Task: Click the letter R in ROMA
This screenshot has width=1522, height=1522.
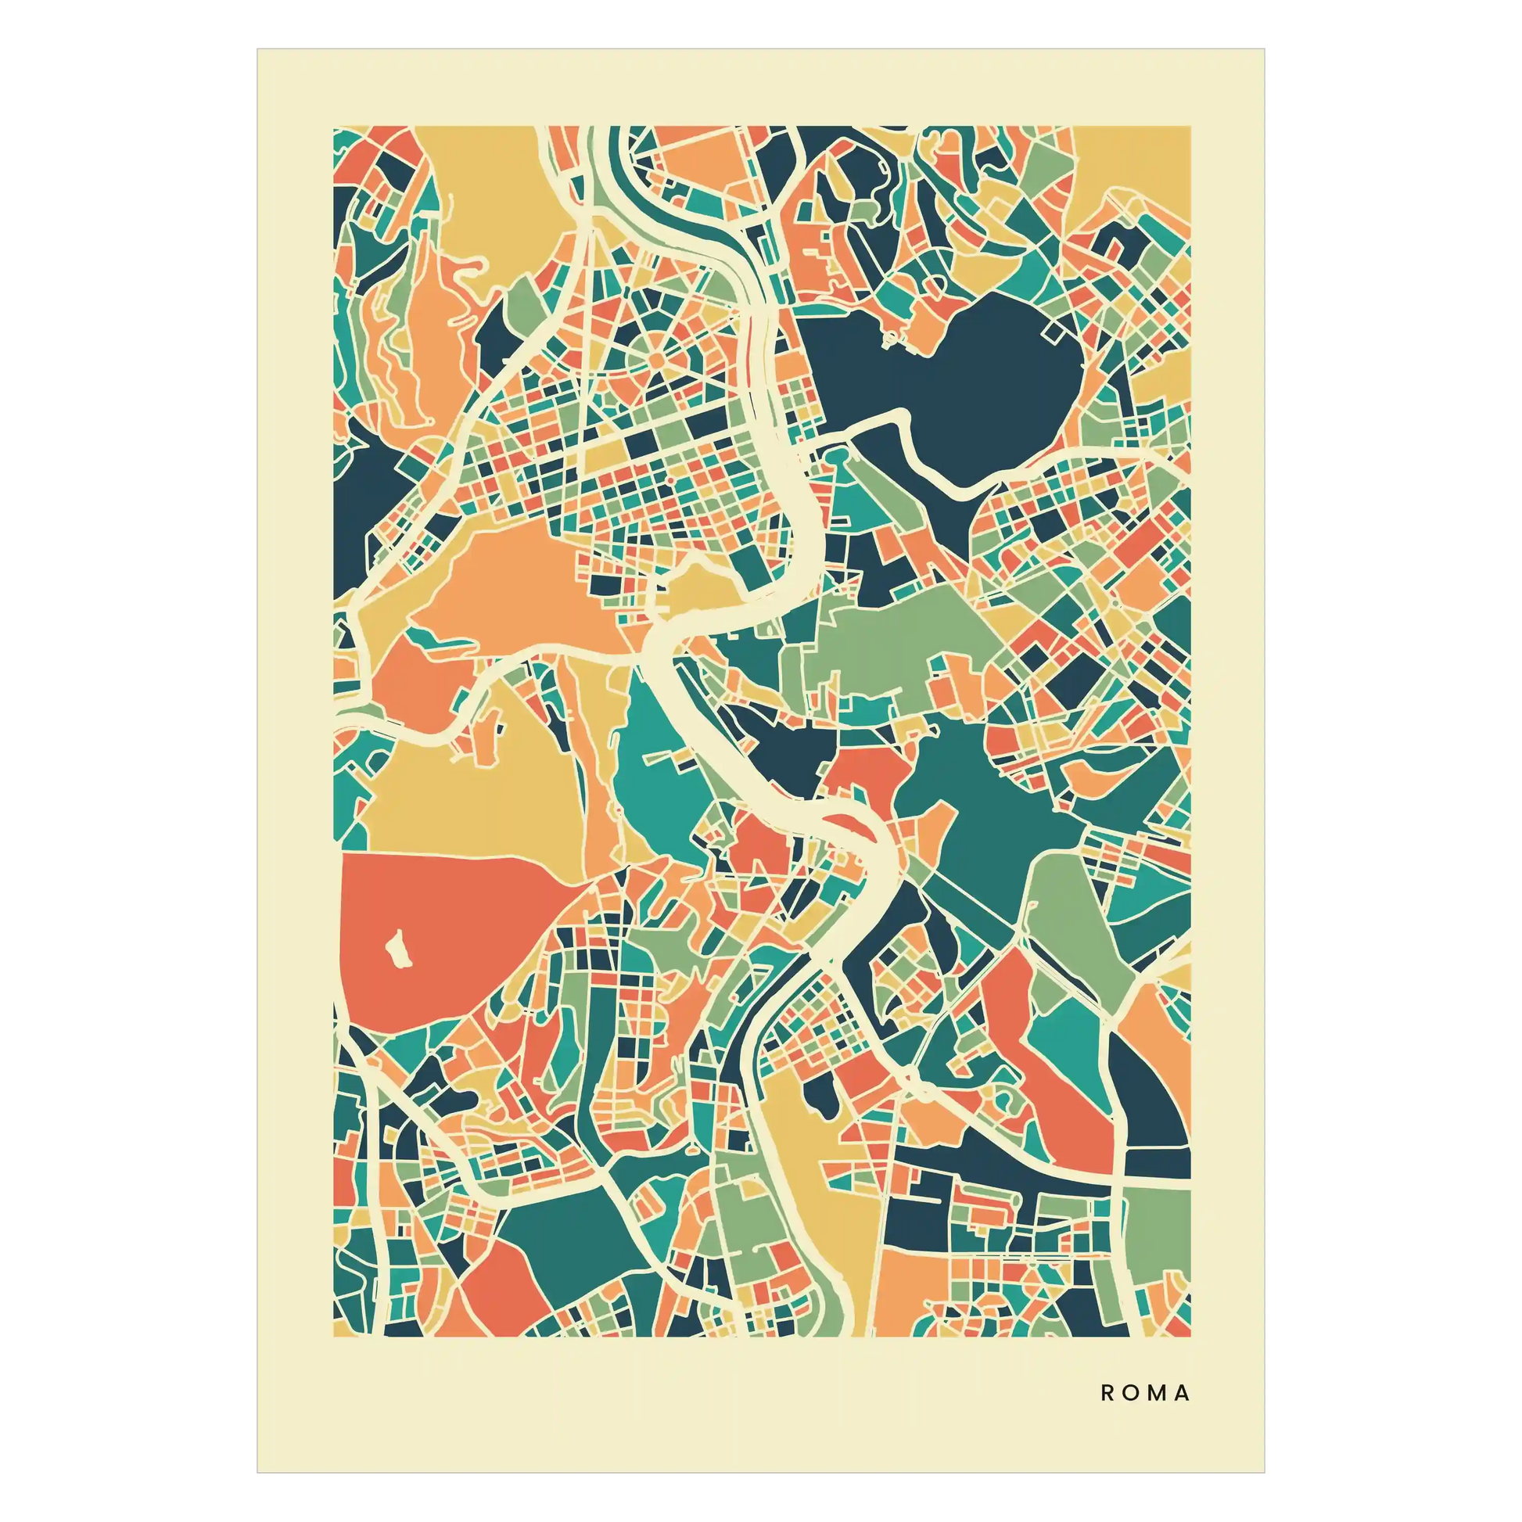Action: (1107, 1394)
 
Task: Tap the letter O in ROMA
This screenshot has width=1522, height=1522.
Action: (1131, 1394)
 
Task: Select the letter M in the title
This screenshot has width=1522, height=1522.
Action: (1157, 1394)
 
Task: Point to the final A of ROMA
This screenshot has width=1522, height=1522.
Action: (1182, 1394)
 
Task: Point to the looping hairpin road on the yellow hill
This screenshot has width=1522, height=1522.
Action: (465, 267)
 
